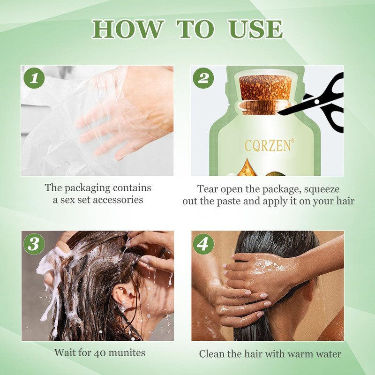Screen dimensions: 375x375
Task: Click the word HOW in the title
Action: (128, 29)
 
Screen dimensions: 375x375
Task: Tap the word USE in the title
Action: (255, 29)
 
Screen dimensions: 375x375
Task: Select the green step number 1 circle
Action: (34, 78)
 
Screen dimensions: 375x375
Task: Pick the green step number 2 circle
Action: (203, 78)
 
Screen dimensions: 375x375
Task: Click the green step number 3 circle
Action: (34, 244)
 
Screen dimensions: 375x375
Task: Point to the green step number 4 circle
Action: (203, 244)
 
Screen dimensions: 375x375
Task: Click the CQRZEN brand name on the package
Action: (268, 145)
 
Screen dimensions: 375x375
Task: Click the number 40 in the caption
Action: (100, 353)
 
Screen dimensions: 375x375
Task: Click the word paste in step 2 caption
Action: (229, 202)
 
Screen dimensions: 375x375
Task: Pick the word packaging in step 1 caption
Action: (87, 188)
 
